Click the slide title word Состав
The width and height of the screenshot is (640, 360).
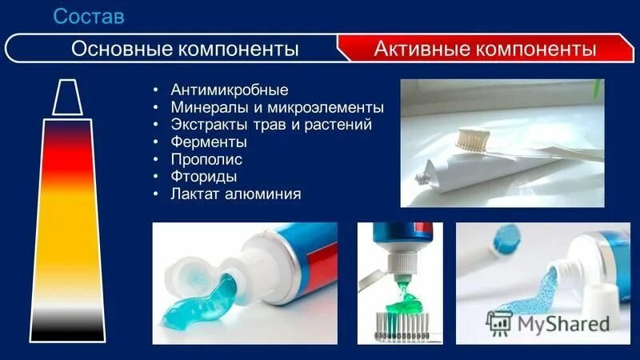click(x=89, y=15)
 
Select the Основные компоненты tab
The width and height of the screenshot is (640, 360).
click(x=185, y=49)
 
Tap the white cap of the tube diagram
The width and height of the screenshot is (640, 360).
click(x=67, y=98)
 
